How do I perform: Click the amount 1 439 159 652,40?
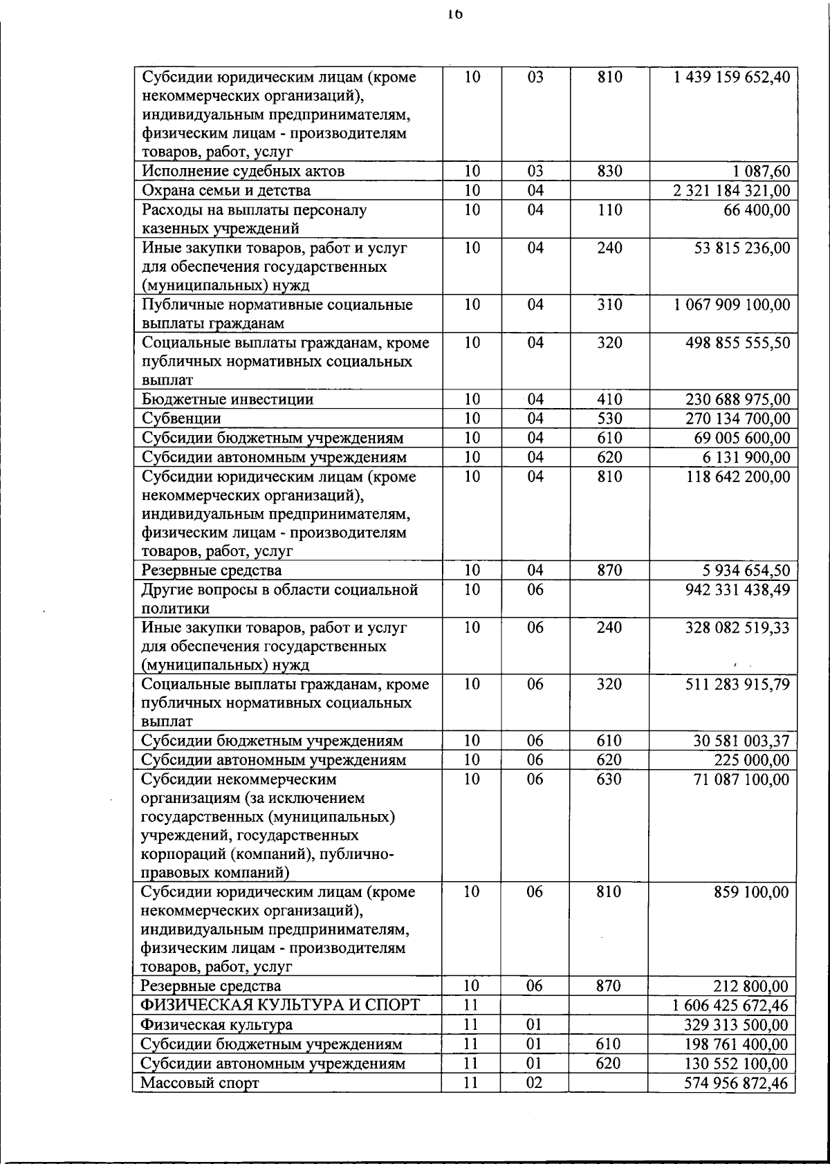(x=731, y=77)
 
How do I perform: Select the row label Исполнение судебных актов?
(x=243, y=172)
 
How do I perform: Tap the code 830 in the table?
(x=609, y=172)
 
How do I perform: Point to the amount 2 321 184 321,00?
(x=731, y=191)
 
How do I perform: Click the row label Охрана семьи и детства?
(x=226, y=191)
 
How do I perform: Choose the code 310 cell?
(x=609, y=305)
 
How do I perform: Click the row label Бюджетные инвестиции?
(x=228, y=400)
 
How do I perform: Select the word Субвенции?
(x=181, y=419)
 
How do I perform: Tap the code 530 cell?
(x=609, y=419)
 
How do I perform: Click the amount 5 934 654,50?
(x=742, y=571)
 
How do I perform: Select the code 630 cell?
(x=609, y=779)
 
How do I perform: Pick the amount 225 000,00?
(x=751, y=760)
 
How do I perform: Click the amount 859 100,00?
(x=751, y=892)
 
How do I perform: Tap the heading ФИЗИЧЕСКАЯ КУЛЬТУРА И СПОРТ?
(x=280, y=1006)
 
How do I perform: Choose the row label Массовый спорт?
(x=199, y=1083)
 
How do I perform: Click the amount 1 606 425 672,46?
(x=730, y=1006)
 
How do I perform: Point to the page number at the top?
(x=454, y=13)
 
